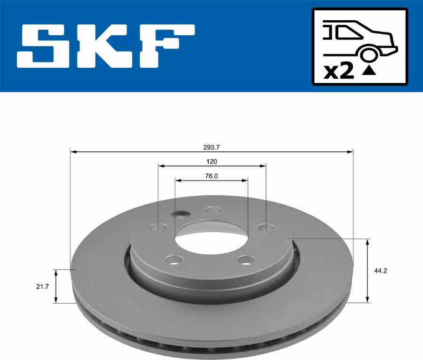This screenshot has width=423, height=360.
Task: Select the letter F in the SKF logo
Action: coord(164,47)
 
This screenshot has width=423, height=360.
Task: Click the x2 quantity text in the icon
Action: coord(339,72)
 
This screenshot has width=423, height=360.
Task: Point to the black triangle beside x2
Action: coord(369,71)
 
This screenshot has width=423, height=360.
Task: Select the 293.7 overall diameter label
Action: coord(211,147)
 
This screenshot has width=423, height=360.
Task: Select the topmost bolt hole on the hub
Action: coord(214,210)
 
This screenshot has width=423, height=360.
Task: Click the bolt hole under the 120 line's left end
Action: coord(159,227)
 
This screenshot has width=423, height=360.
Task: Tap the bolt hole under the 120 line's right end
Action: coord(266,227)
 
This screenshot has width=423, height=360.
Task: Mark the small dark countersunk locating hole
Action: coord(180,215)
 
